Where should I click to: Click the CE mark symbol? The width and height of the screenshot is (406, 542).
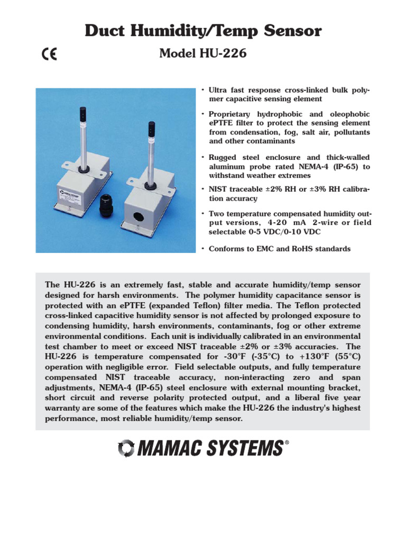pyautogui.click(x=50, y=55)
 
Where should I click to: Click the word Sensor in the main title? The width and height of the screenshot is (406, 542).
pyautogui.click(x=291, y=31)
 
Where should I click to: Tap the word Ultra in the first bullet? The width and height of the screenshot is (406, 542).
pyautogui.click(x=218, y=91)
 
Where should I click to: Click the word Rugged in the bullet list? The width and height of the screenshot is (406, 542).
pyautogui.click(x=223, y=158)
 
